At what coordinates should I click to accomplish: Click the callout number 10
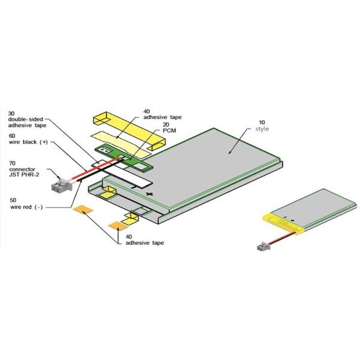pos(262,122)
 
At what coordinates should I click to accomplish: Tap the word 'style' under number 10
pos(262,129)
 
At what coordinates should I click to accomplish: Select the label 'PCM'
pos(169,131)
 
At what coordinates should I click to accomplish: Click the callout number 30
pos(11,113)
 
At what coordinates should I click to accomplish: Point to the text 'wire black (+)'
pos(28,142)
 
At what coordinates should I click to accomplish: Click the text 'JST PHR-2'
pos(24,175)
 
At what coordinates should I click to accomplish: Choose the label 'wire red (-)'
pos(26,207)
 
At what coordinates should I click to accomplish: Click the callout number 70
pos(13,163)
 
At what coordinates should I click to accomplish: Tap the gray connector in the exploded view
pos(61,185)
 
